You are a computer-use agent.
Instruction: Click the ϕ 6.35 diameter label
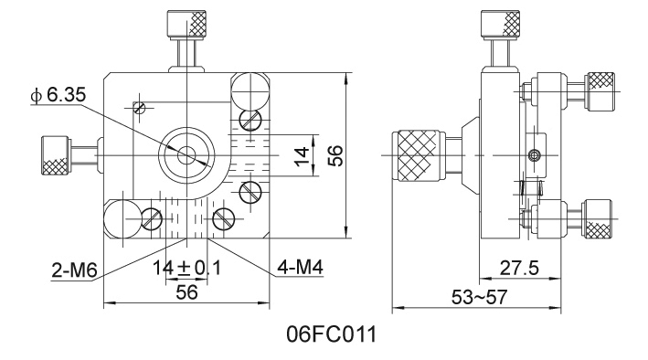tap(58, 95)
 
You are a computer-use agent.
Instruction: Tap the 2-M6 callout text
tap(74, 270)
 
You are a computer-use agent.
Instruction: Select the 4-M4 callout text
tap(300, 268)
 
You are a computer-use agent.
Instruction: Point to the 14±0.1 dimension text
tap(186, 269)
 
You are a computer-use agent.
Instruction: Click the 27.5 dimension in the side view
tap(520, 269)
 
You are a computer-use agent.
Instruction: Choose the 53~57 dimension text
tap(480, 297)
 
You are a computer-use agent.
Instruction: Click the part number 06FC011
tap(332, 334)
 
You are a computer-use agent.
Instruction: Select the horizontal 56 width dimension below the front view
tap(186, 292)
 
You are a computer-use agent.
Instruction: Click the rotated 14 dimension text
tap(303, 155)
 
